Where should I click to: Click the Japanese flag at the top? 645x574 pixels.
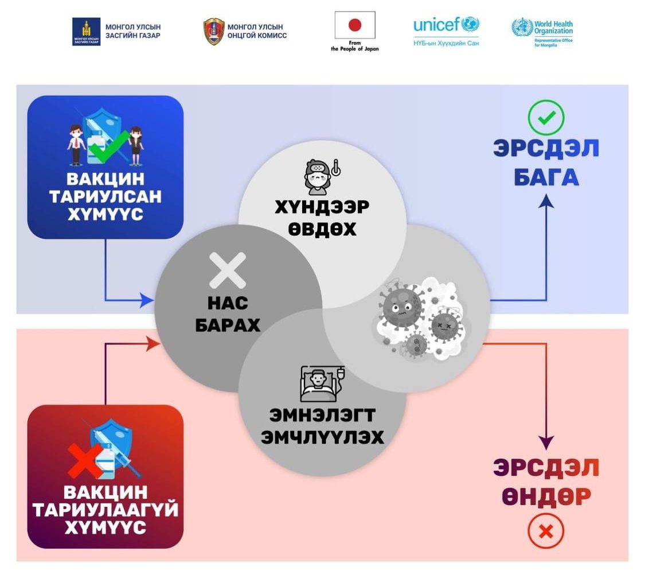pyautogui.click(x=354, y=25)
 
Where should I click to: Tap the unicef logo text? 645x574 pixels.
pyautogui.click(x=436, y=25)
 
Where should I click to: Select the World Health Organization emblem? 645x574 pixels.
pyautogui.click(x=522, y=28)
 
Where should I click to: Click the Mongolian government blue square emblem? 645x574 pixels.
pyautogui.click(x=87, y=32)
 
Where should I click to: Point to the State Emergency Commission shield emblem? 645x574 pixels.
pyautogui.click(x=214, y=32)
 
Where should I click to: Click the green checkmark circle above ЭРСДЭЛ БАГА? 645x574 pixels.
pyautogui.click(x=546, y=117)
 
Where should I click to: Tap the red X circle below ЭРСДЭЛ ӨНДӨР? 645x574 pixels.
pyautogui.click(x=546, y=531)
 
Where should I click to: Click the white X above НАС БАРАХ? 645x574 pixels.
pyautogui.click(x=228, y=270)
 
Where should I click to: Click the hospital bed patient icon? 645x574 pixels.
pyautogui.click(x=322, y=384)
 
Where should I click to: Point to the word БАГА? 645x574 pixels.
pyautogui.click(x=546, y=177)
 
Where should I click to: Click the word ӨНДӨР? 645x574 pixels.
pyautogui.click(x=546, y=497)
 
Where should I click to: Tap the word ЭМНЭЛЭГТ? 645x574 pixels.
pyautogui.click(x=322, y=415)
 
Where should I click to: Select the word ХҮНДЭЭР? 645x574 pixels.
pyautogui.click(x=322, y=207)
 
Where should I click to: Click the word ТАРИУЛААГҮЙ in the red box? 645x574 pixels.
pyautogui.click(x=105, y=510)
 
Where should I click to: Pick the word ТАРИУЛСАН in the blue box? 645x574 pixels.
pyautogui.click(x=105, y=197)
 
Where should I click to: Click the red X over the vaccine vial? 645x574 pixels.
pyautogui.click(x=85, y=460)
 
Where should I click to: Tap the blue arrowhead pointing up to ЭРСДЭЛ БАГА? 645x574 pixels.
pyautogui.click(x=546, y=201)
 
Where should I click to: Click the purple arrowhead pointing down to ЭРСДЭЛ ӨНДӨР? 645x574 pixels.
pyautogui.click(x=546, y=443)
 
